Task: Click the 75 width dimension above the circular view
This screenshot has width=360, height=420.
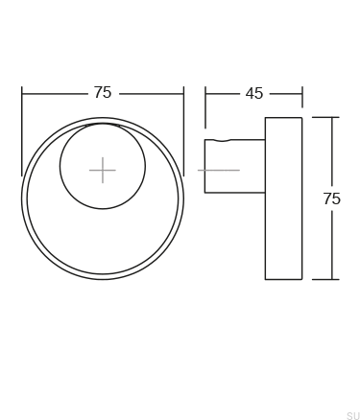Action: click(x=103, y=93)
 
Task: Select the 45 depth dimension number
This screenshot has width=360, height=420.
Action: click(x=253, y=94)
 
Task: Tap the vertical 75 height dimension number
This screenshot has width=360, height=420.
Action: click(x=331, y=199)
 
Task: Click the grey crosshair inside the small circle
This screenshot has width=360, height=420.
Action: click(x=103, y=171)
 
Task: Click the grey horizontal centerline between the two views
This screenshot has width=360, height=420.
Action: click(x=218, y=171)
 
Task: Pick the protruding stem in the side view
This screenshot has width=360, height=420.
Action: click(x=235, y=166)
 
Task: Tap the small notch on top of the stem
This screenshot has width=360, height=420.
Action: click(x=223, y=141)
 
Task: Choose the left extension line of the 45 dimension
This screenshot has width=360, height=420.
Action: click(x=204, y=110)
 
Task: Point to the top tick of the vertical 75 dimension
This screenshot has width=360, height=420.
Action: click(x=325, y=118)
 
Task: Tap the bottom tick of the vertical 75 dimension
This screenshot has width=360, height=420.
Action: click(x=325, y=279)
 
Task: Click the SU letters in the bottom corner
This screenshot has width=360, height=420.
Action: click(x=352, y=415)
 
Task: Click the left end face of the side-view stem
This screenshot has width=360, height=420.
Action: click(x=205, y=166)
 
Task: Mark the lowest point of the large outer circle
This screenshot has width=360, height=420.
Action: click(x=103, y=279)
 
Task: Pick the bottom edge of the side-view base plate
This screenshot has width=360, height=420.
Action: click(x=283, y=279)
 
